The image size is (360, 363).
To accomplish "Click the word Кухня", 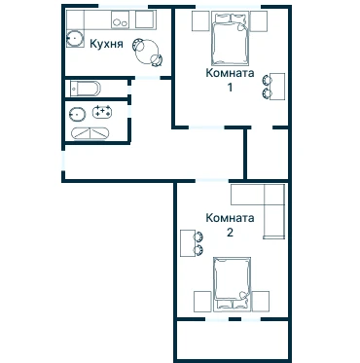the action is pyautogui.click(x=106, y=44).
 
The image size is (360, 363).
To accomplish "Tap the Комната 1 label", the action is pyautogui.click(x=230, y=80).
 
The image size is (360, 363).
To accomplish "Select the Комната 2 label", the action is pyautogui.click(x=230, y=225).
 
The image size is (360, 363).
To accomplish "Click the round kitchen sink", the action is pyautogui.click(x=75, y=38).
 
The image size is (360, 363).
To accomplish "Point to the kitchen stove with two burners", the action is pyautogui.click(x=120, y=19).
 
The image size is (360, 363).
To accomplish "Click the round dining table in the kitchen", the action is pyautogui.click(x=147, y=52).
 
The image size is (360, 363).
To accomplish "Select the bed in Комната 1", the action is pyautogui.click(x=231, y=38).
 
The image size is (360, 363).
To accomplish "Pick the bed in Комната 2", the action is pyautogui.click(x=232, y=285).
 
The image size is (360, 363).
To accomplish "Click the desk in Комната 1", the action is pyautogui.click(x=277, y=87).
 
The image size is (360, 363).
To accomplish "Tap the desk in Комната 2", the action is pyautogui.click(x=188, y=243).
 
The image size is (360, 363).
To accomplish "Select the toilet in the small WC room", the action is pyautogui.click(x=86, y=89).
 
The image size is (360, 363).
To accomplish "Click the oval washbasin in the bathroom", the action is pyautogui.click(x=78, y=114).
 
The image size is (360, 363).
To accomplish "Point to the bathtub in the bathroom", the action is pyautogui.click(x=90, y=133).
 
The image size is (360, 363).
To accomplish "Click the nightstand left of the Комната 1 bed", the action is pyautogui.click(x=200, y=21).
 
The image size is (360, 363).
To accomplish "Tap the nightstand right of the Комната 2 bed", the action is pyautogui.click(x=261, y=302).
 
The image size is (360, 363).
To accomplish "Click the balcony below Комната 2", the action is pyautogui.click(x=233, y=340).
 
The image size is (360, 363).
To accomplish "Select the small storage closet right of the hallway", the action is pyautogui.click(x=268, y=154).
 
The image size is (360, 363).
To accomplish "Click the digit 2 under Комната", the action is pyautogui.click(x=230, y=233).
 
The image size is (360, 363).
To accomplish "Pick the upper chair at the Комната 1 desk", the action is pyautogui.click(x=267, y=80).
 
